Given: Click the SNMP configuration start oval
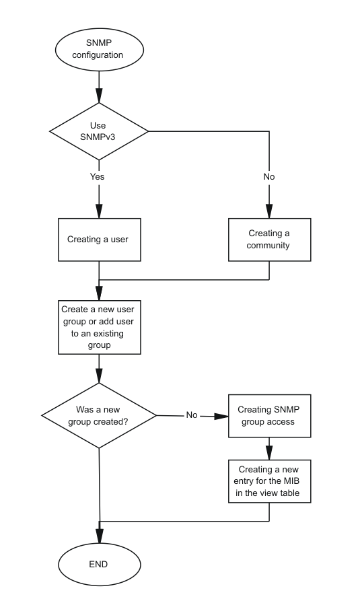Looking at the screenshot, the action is [100, 49].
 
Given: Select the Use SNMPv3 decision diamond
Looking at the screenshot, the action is [99, 131].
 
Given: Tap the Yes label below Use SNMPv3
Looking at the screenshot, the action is [98, 176].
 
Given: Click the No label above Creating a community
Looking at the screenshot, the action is [269, 176].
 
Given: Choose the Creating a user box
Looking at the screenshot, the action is [100, 240].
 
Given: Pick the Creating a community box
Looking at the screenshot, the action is [269, 240].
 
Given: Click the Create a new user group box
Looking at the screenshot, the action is [100, 327].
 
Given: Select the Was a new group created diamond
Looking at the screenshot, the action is [99, 415].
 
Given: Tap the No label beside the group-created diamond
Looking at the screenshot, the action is [192, 415].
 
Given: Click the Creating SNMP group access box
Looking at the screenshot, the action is [269, 415].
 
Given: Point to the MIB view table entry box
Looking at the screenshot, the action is [269, 481].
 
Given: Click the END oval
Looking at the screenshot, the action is [100, 564].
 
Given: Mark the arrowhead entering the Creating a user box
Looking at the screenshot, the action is [99, 211].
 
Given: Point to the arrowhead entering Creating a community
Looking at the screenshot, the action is [269, 211].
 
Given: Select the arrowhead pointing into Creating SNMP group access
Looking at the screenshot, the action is [221, 416].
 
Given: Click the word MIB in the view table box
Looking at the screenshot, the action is [291, 481].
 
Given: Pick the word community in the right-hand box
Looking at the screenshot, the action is [268, 246].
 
